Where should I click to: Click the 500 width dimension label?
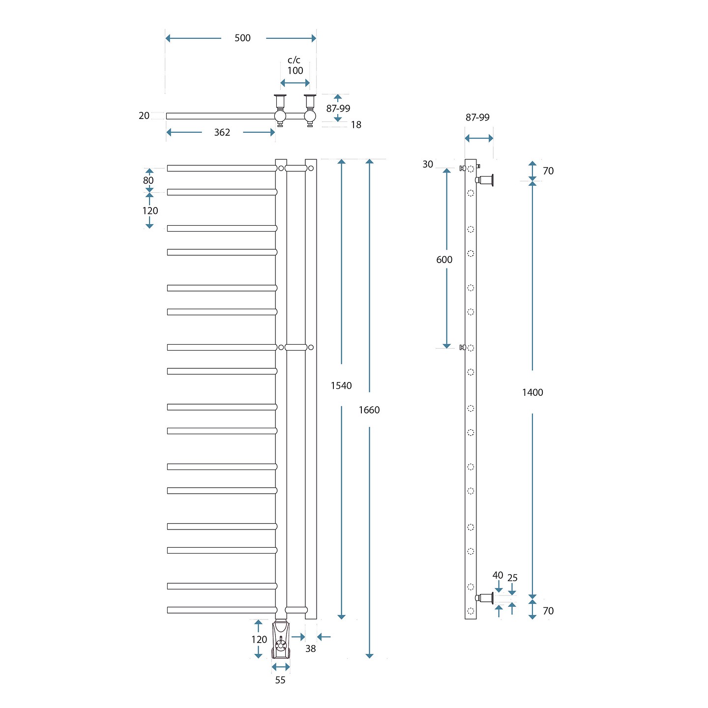242,38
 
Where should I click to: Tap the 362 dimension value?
222,132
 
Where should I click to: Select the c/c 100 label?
295,65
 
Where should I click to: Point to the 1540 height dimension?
341,385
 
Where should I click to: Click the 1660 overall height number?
369,410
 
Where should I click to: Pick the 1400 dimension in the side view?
532,392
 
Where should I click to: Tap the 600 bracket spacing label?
444,260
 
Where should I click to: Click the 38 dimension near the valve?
310,649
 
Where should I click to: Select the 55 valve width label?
280,680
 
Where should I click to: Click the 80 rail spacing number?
148,180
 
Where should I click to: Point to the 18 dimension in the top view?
356,125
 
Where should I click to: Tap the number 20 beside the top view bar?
144,116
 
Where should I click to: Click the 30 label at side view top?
428,164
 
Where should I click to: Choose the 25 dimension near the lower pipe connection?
512,578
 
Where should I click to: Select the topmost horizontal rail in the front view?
221,168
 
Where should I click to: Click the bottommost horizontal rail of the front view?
221,610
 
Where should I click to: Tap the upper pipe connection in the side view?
486,180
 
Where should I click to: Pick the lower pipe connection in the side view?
485,598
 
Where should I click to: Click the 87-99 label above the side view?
477,118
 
